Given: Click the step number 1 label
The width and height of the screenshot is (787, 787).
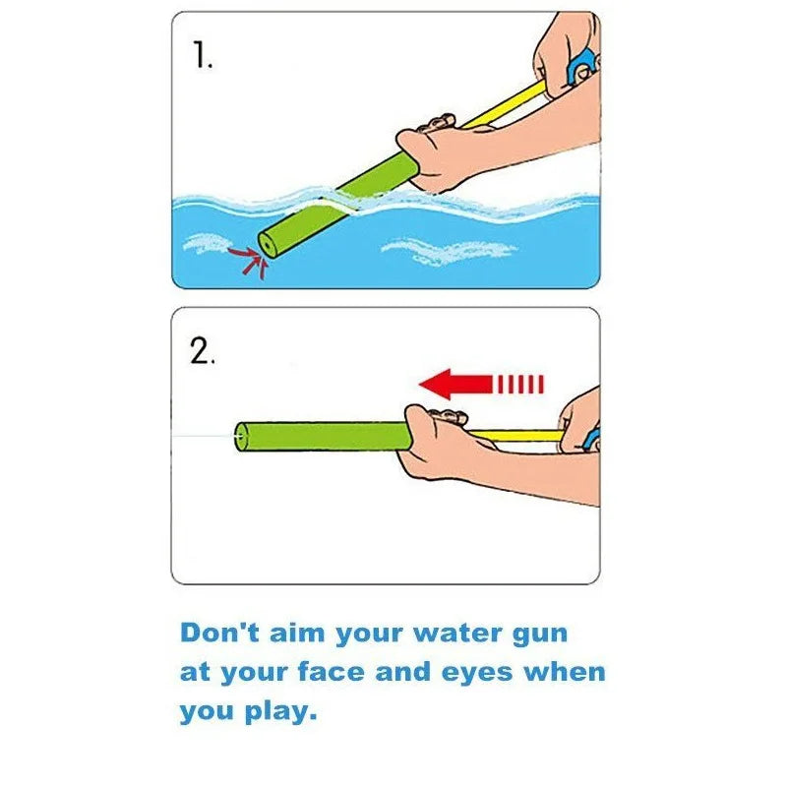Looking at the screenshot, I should pyautogui.click(x=202, y=56).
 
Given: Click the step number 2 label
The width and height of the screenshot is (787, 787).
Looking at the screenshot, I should pyautogui.click(x=202, y=352).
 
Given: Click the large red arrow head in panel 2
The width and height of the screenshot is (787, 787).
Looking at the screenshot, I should pyautogui.click(x=438, y=384).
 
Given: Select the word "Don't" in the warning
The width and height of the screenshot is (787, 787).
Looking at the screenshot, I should pyautogui.click(x=219, y=632).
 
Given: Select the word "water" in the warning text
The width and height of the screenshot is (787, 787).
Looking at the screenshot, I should pyautogui.click(x=454, y=632).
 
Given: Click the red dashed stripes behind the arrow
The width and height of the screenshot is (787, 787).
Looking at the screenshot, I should pyautogui.click(x=519, y=384).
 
